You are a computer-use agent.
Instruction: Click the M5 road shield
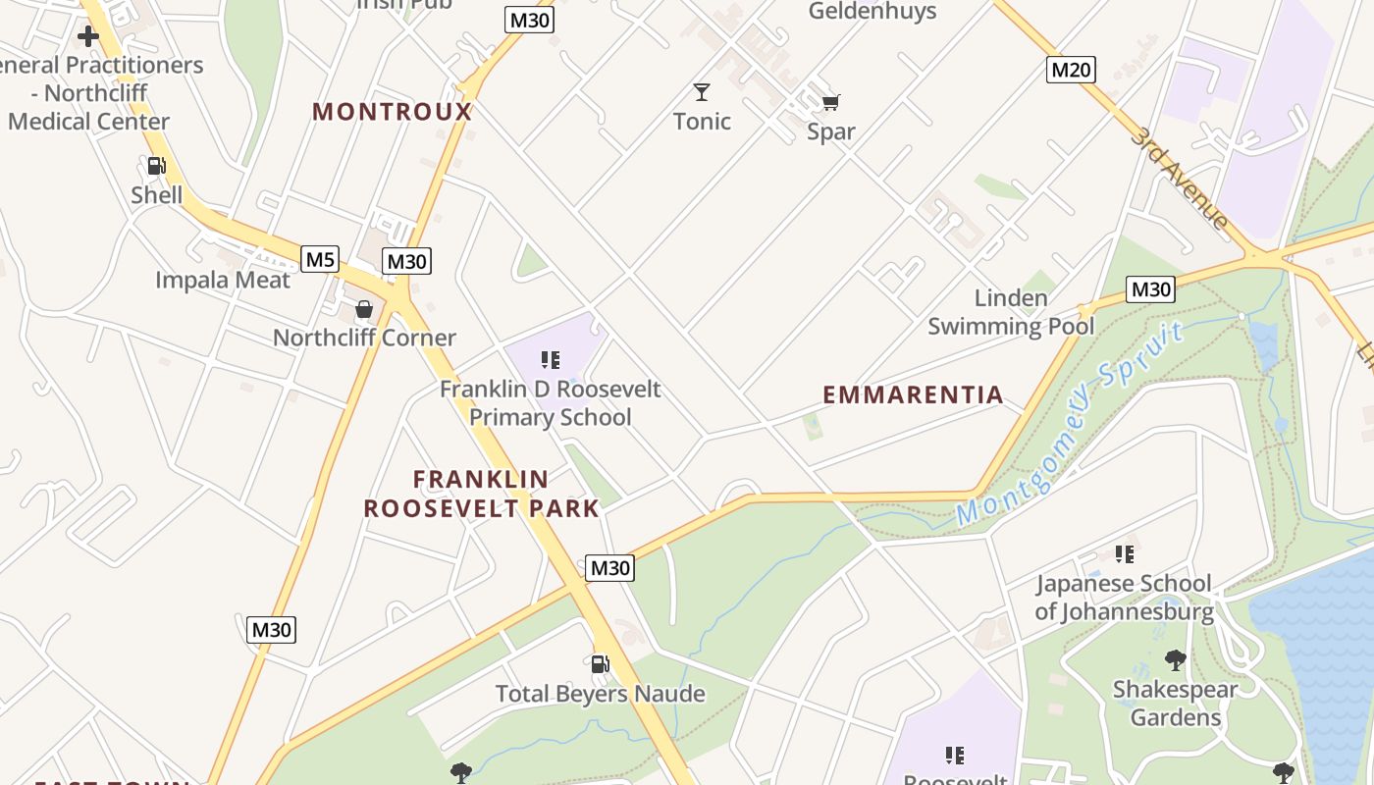tap(320, 259)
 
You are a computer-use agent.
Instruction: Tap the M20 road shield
tap(1071, 69)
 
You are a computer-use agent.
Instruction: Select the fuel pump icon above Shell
tap(156, 166)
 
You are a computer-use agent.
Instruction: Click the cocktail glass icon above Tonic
tap(702, 92)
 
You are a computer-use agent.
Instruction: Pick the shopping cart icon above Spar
tap(831, 102)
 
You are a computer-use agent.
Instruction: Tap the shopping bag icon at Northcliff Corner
tap(364, 310)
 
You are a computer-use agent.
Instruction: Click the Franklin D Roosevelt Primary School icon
tap(551, 360)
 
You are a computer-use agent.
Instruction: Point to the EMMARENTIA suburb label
tap(913, 394)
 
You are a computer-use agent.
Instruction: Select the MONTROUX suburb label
tap(393, 112)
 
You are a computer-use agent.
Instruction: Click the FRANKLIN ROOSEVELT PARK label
tap(481, 494)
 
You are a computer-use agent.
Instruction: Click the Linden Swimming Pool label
tap(1011, 312)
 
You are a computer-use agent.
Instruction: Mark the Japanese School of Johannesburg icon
tap(1125, 554)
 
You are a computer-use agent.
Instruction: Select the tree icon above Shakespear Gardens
tap(1175, 659)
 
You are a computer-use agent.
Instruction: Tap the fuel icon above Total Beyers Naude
tap(601, 664)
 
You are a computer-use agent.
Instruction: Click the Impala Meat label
tap(223, 280)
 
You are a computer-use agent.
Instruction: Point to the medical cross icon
tap(88, 37)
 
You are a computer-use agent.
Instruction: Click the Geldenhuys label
tap(872, 12)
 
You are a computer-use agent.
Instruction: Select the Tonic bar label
tap(702, 121)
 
